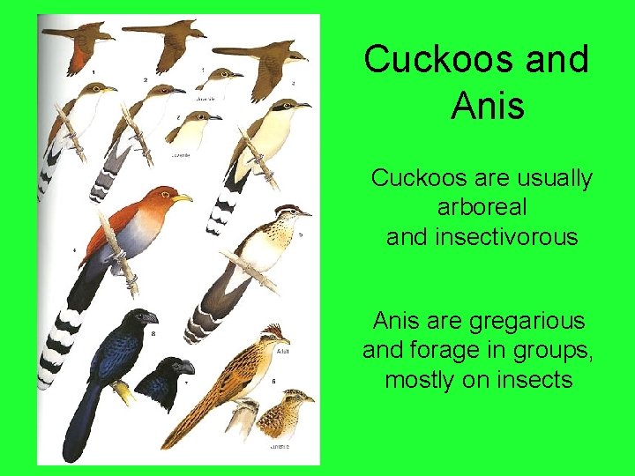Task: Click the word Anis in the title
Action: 488,106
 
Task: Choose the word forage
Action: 438,350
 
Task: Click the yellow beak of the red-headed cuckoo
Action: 182,198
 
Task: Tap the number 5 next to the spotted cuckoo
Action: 300,235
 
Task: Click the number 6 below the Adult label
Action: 273,381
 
